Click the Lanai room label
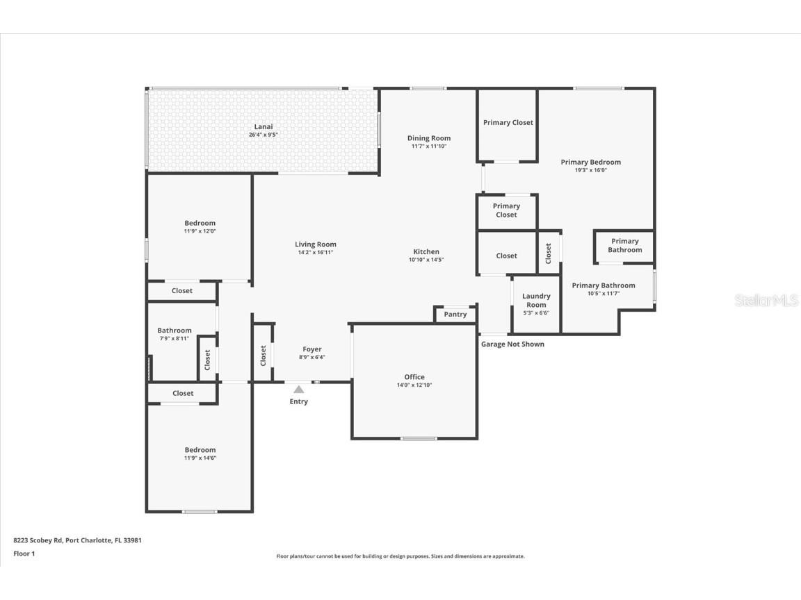pos(263,126)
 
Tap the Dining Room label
pos(428,138)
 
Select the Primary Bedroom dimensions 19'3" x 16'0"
pos(590,170)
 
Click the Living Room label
pos(315,244)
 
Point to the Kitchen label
pos(426,252)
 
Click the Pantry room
pos(455,315)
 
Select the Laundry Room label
pos(536,300)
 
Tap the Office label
pos(414,377)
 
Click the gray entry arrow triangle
pos(298,390)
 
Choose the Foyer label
pos(311,349)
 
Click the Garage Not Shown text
pos(512,344)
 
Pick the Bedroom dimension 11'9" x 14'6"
pos(200,458)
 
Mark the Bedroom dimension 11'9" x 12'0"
pos(200,231)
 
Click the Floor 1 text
pos(24,553)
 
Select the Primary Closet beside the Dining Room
pos(508,123)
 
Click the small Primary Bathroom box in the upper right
pos(624,246)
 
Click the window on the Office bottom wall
pos(419,438)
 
